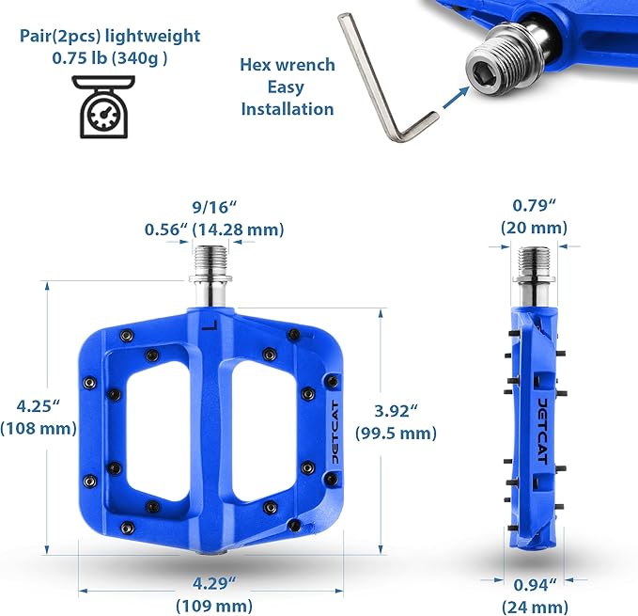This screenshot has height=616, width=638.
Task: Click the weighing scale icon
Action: [x=103, y=106]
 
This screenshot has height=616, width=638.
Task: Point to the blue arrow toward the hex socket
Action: [x=456, y=98]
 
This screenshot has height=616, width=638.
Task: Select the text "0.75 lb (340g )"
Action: [x=109, y=58]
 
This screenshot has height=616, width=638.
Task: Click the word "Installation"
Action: [x=288, y=109]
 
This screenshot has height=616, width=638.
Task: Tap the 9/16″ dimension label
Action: [x=214, y=207]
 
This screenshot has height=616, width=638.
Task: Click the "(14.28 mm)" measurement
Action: [x=238, y=229]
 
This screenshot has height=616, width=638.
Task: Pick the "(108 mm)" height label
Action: [x=39, y=428]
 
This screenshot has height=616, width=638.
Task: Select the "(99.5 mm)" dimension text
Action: [x=396, y=433]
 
